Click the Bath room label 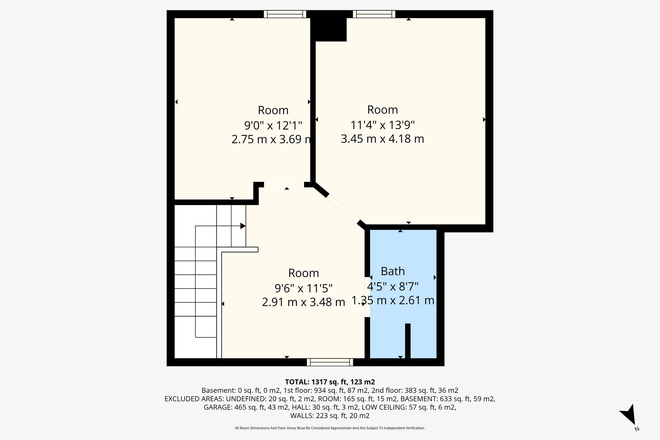[393, 271]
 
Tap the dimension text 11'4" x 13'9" [382, 125]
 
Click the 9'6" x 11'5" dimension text [303, 288]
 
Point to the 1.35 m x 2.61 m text [393, 300]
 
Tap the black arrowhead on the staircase [243, 226]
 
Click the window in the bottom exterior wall [330, 362]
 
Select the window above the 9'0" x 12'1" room [285, 14]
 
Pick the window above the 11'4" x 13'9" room [374, 14]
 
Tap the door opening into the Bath [367, 297]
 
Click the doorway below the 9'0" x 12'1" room [284, 185]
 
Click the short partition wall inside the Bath [408, 341]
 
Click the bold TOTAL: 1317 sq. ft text [330, 382]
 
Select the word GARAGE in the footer [217, 407]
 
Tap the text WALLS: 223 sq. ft [330, 416]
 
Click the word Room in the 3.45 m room [382, 110]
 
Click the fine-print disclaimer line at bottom [330, 428]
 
